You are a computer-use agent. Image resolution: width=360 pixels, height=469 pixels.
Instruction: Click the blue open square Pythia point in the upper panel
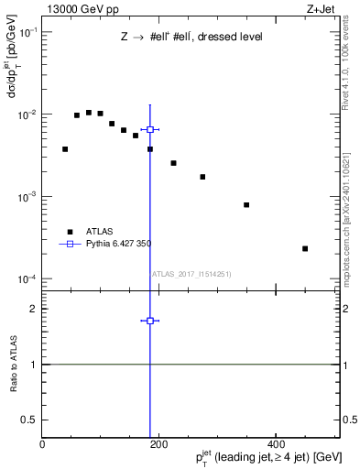(150, 129)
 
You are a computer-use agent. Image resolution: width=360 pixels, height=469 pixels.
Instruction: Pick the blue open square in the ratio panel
(150, 321)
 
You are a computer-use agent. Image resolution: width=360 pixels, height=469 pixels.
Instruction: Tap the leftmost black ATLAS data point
(65, 148)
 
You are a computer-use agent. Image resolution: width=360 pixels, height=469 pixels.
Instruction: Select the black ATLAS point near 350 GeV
(246, 204)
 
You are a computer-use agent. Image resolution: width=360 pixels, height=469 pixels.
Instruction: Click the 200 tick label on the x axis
(158, 445)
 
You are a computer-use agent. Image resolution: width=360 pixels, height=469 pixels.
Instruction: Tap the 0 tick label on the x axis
(42, 445)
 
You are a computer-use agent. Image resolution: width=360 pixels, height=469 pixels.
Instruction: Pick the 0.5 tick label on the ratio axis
(30, 420)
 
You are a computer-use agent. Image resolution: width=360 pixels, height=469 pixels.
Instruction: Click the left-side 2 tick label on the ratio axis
(35, 309)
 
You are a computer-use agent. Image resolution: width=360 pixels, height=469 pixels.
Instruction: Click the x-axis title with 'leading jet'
(264, 458)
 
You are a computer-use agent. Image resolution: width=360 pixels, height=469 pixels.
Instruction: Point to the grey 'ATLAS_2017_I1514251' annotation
(191, 274)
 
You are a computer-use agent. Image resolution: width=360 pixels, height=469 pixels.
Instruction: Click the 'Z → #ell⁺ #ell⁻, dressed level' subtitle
(191, 38)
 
